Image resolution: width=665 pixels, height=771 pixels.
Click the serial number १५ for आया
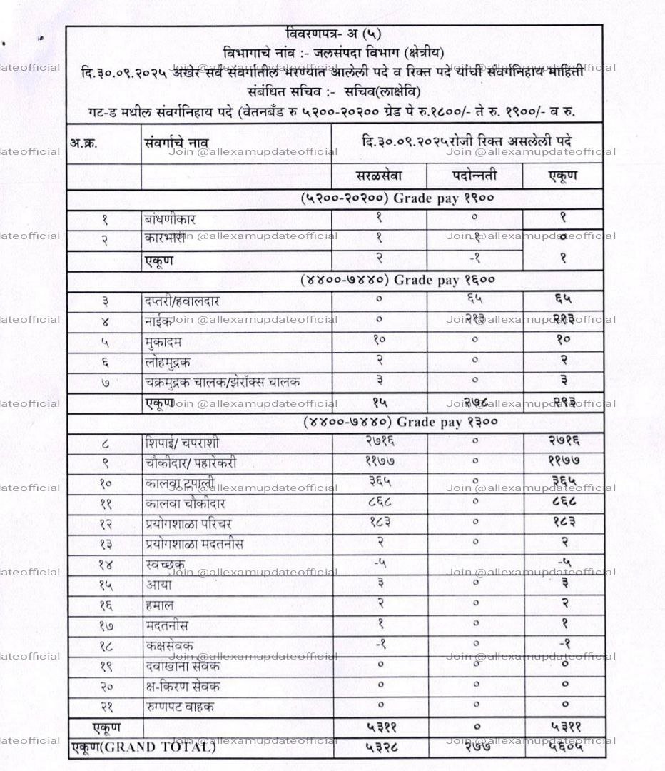[105, 585]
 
